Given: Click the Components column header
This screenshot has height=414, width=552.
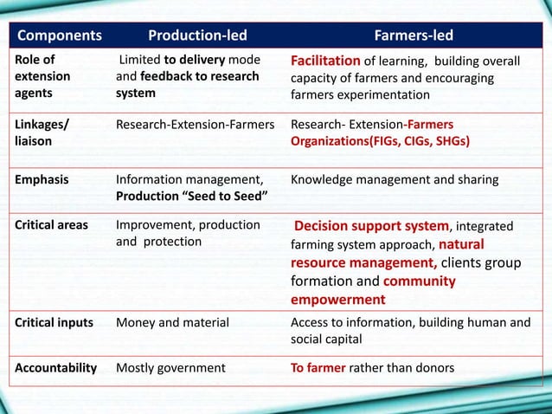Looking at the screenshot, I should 60,36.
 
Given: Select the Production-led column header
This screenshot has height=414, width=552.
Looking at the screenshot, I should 197,36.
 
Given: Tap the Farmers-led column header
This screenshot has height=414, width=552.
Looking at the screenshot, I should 413,36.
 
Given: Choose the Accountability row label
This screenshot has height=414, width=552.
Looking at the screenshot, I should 56,367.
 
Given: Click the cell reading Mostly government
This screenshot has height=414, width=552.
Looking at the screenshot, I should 170,367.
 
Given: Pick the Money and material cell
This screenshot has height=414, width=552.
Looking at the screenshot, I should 172,322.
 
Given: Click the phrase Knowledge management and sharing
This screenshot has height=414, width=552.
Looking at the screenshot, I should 395,180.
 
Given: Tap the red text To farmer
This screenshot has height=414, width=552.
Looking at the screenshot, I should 318,367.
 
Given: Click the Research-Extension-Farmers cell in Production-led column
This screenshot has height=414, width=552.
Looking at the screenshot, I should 195,124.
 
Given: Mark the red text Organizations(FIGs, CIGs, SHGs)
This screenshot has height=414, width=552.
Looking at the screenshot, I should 380,140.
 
